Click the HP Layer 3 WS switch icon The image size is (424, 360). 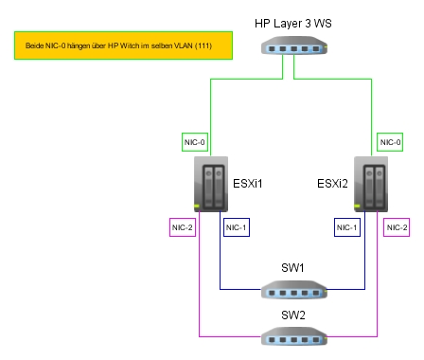tap(294, 45)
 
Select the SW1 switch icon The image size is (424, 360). tap(294, 289)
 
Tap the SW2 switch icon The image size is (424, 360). tap(294, 336)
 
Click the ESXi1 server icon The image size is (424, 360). tap(211, 184)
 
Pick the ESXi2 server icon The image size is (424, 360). tap(371, 184)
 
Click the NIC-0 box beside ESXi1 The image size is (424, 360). tap(195, 142)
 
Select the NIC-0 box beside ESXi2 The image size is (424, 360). tap(390, 142)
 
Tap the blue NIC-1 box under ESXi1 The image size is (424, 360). tap(237, 227)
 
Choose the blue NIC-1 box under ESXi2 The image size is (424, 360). tap(347, 227)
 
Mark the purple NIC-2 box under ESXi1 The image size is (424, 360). tap(183, 227)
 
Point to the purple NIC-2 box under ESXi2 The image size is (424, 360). tap(397, 227)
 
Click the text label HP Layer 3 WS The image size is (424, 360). tap(293, 24)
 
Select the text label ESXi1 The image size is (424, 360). tap(248, 184)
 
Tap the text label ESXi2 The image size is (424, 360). tap(332, 184)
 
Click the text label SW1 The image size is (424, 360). tap(292, 268)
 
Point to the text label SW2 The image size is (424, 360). tap(293, 315)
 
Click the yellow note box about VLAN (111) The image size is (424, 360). tap(123, 45)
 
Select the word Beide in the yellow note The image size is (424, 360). tap(34, 45)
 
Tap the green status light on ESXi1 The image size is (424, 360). tap(197, 207)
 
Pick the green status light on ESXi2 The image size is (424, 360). tap(357, 207)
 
